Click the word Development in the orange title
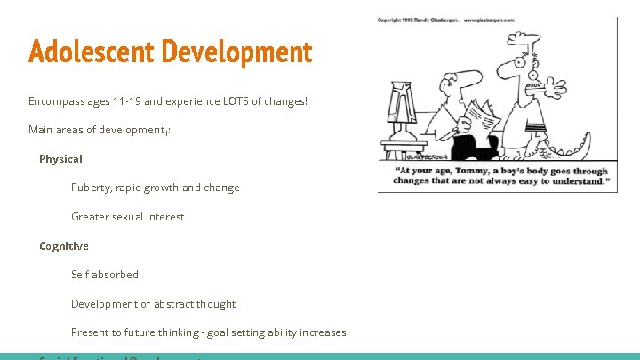pyautogui.click(x=239, y=51)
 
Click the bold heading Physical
pyautogui.click(x=60, y=159)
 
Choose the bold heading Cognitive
pyautogui.click(x=64, y=245)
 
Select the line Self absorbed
pyautogui.click(x=105, y=275)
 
